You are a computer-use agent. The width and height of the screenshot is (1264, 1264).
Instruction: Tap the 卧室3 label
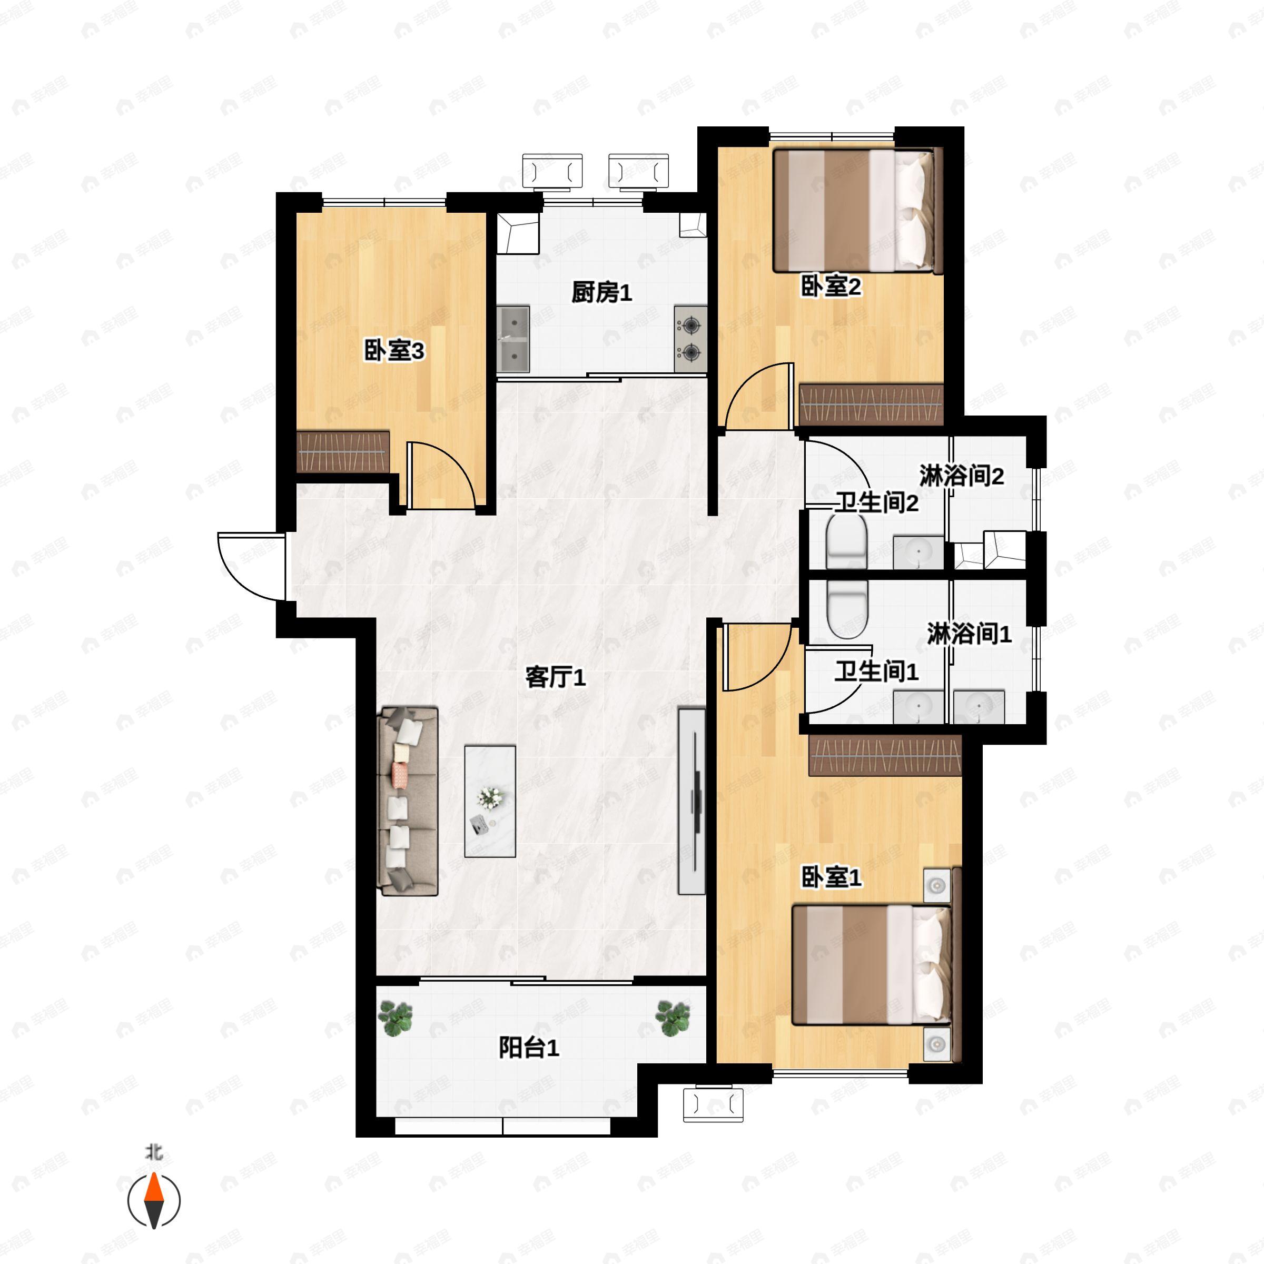pos(394,351)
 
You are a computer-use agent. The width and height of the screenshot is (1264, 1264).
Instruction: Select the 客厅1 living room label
pos(556,677)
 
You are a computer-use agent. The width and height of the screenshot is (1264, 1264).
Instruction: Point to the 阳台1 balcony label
pos(529,1048)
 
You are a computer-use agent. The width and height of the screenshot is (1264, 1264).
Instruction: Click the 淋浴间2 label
pos(961,476)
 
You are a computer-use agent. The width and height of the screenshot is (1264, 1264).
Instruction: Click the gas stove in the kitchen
pos(691,339)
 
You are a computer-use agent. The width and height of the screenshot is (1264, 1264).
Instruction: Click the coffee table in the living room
pos(490,802)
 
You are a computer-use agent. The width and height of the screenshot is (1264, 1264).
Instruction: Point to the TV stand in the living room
pos(692,800)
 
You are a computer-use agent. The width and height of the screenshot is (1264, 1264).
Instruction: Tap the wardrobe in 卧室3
pos(343,451)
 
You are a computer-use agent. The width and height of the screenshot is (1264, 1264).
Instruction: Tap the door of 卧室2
pos(759,396)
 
